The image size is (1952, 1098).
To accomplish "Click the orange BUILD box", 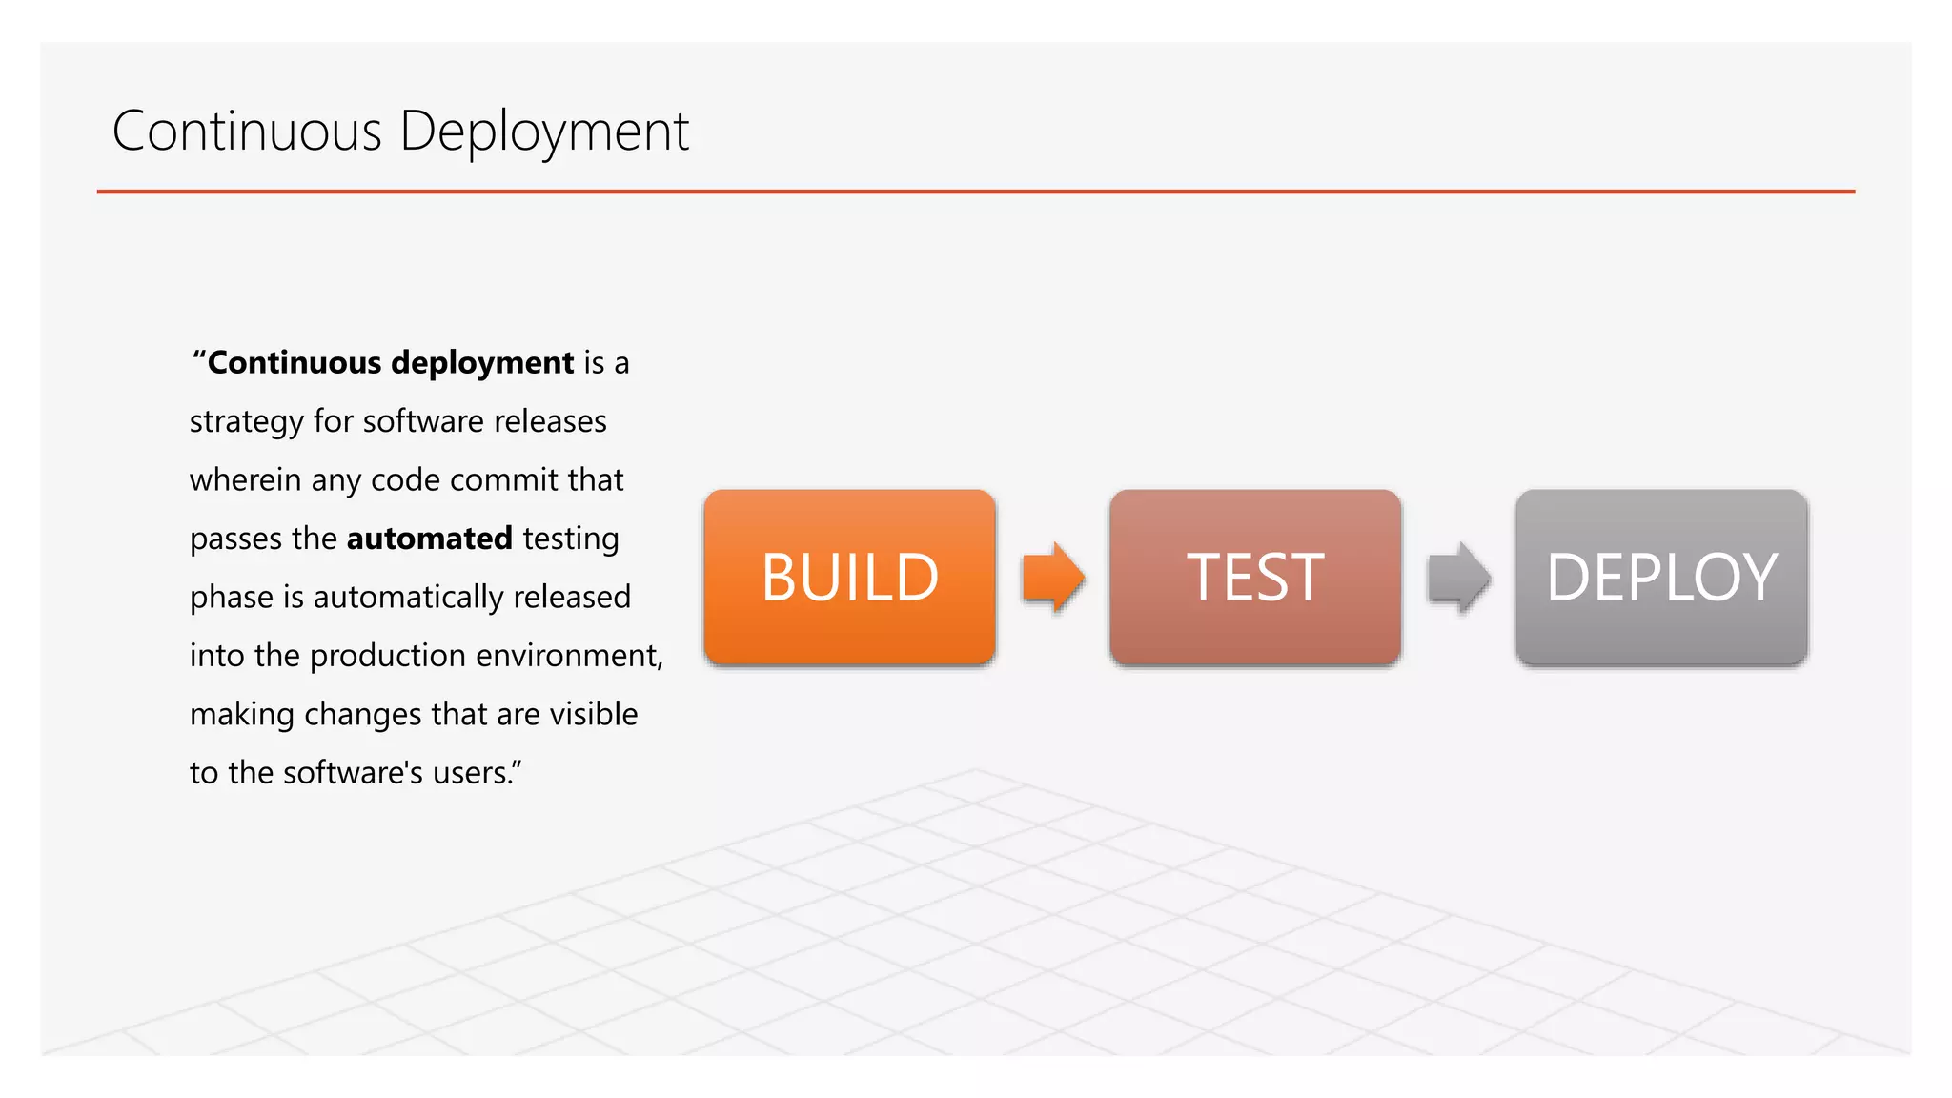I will [x=849, y=577].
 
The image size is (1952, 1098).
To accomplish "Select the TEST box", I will [x=1254, y=577].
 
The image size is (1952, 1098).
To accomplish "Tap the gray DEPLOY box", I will [x=1660, y=577].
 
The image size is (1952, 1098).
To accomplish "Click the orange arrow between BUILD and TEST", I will [x=1052, y=577].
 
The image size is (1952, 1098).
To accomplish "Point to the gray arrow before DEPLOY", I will [x=1457, y=577].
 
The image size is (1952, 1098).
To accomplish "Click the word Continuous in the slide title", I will [x=247, y=131].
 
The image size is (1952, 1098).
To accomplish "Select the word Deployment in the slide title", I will [x=543, y=132].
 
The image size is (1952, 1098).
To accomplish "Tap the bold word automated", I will [x=429, y=539].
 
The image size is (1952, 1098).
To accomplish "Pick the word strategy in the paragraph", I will [x=246, y=422].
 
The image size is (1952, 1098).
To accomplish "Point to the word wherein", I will [x=245, y=479].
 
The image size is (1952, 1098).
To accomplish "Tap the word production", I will [x=387, y=656].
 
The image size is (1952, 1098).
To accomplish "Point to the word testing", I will [x=570, y=539].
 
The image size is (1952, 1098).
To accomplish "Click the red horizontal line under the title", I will [x=975, y=192].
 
